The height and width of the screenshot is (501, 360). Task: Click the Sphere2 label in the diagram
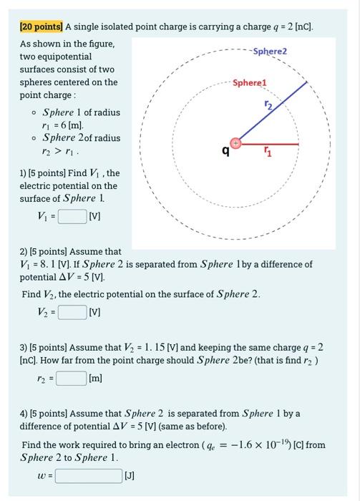click(x=269, y=52)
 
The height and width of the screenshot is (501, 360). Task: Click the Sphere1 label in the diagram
click(x=249, y=83)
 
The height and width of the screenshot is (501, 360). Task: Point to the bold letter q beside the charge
click(x=225, y=151)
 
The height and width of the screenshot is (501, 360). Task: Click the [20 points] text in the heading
click(x=41, y=27)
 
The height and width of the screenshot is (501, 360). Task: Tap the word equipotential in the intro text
click(x=60, y=57)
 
